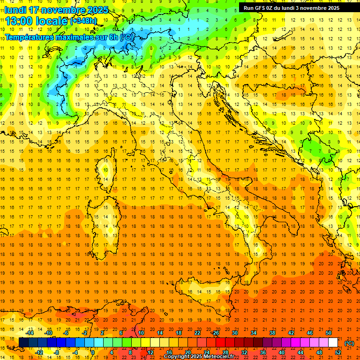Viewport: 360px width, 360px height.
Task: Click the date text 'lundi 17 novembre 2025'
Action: coord(56,10)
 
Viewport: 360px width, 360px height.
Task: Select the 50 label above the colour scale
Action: coord(329,333)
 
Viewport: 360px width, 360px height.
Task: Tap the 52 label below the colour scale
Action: coord(338,352)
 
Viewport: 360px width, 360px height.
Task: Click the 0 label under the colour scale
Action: coord(93,352)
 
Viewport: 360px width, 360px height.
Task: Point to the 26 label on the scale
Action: coord(216,333)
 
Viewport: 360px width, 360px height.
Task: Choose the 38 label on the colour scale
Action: coord(272,333)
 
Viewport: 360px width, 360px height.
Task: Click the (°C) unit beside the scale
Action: coord(349,343)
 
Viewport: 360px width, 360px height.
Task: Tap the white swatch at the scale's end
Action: coord(333,342)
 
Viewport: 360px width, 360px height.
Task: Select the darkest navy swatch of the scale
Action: coord(23,342)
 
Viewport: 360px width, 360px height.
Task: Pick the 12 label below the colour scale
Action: coord(150,352)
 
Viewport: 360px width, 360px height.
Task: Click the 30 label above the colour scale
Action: coord(234,333)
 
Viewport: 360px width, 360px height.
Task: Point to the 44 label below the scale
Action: coord(300,352)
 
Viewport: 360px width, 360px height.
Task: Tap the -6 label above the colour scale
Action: coord(66,333)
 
